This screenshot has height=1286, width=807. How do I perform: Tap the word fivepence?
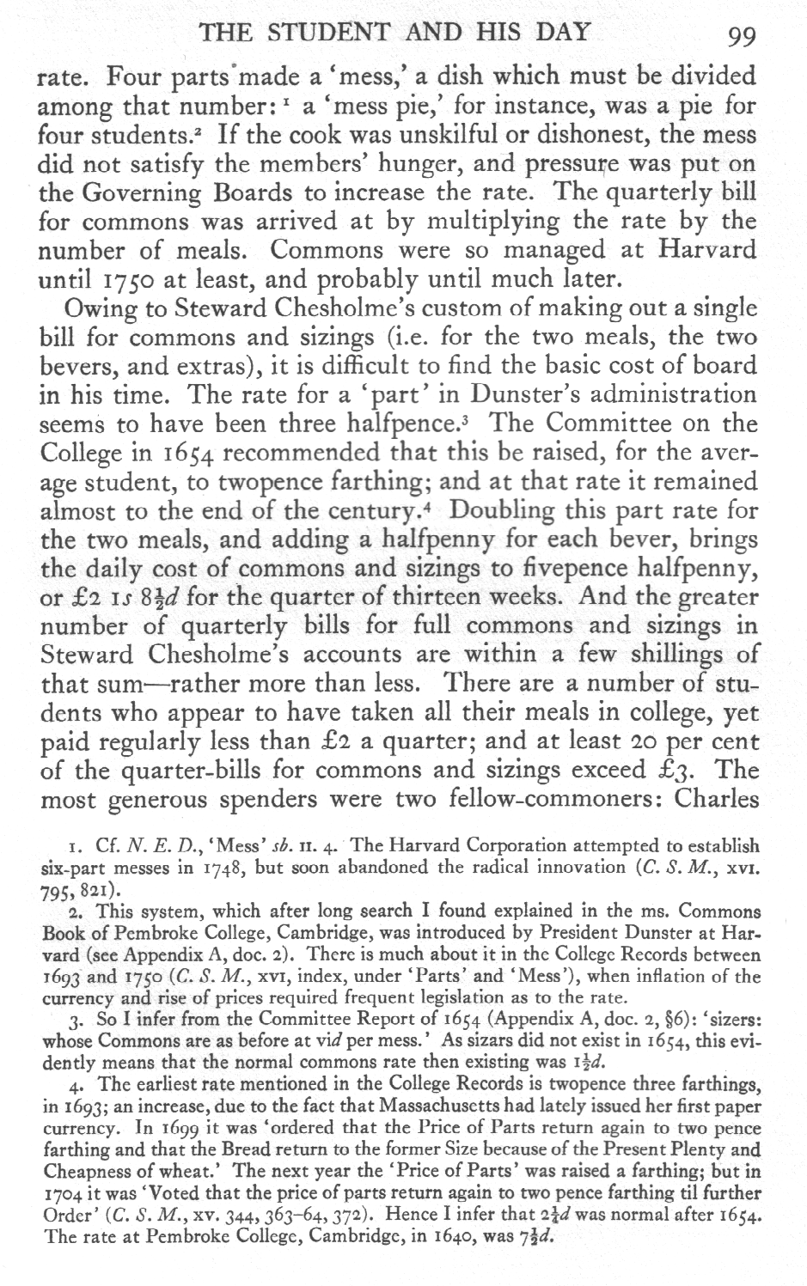582,568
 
